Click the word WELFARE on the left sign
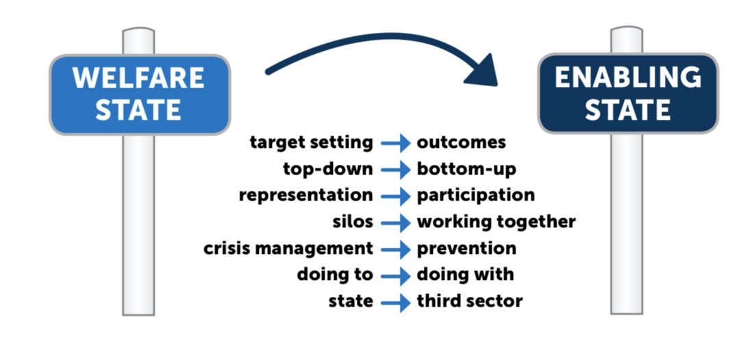pos(139,77)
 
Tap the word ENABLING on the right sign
pos(627,77)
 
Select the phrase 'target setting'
pos(312,142)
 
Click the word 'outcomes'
pos(461,142)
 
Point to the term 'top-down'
pos(327,169)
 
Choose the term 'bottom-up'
pos(466,169)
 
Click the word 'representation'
pos(305,195)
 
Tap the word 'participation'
pos(475,195)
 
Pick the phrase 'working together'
pos(496,222)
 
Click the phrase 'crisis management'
pos(288,248)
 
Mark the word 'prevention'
pos(466,248)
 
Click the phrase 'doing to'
pos(335,274)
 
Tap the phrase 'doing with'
pos(465,274)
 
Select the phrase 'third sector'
pos(470,301)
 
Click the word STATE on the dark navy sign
pos(627,110)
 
